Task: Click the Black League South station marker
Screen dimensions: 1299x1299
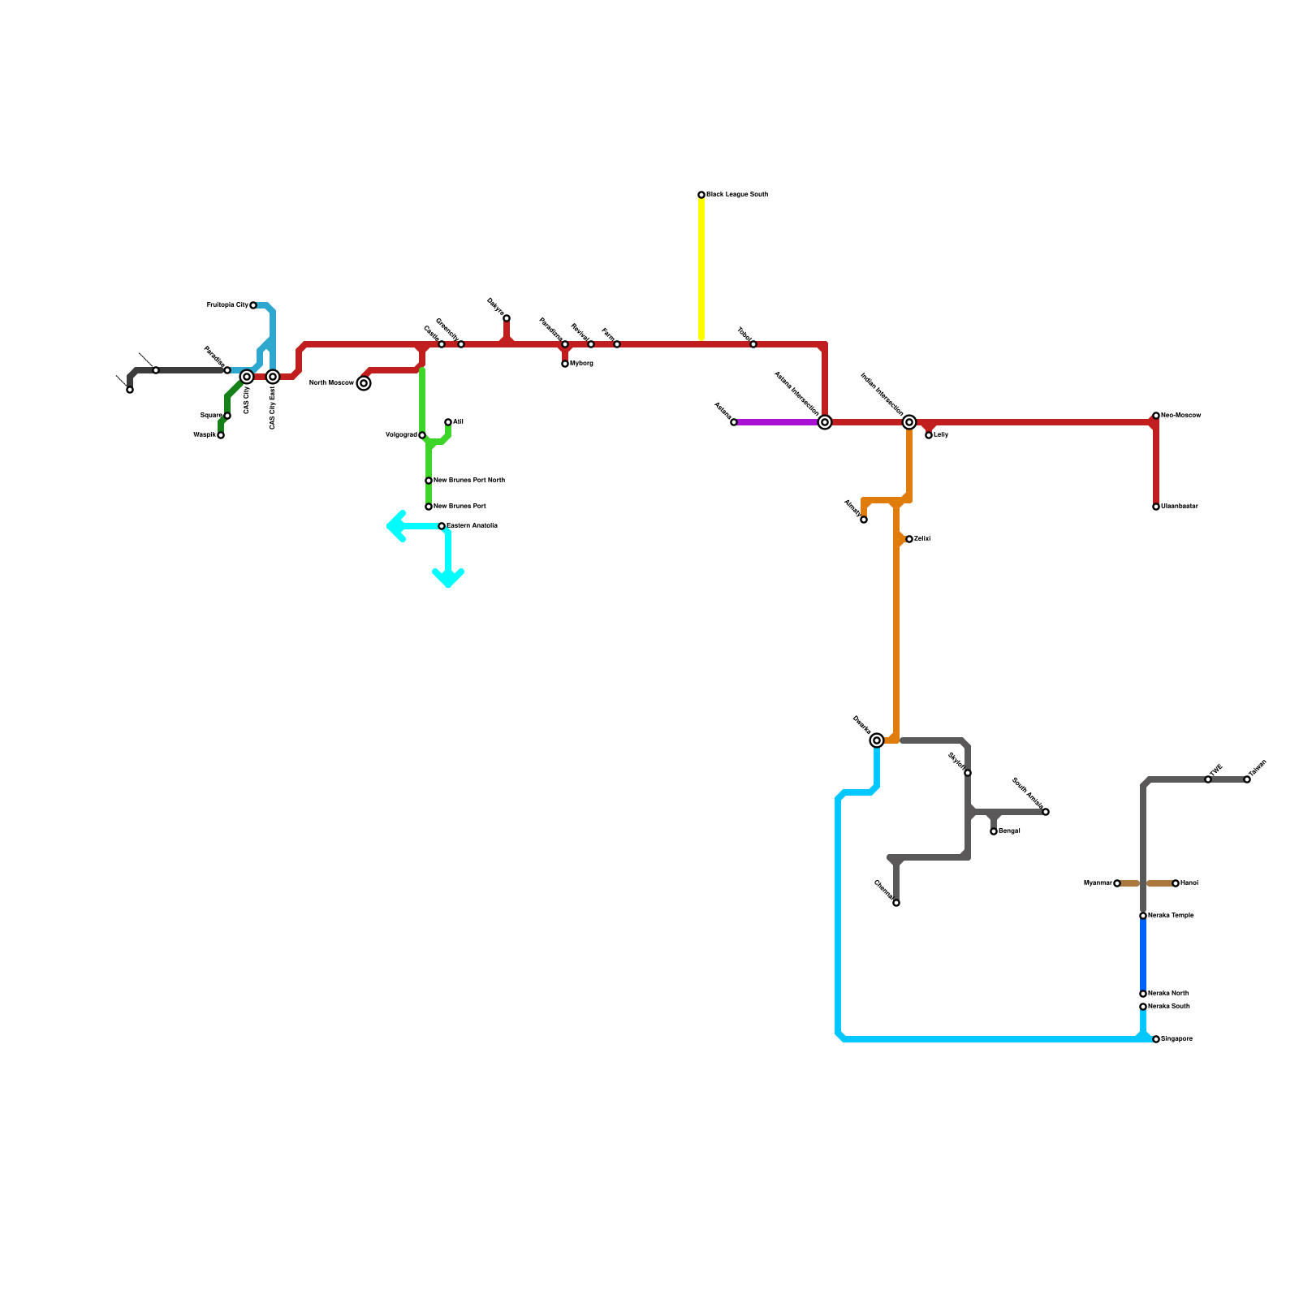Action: tap(701, 195)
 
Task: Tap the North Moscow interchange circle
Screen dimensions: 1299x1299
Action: tap(364, 383)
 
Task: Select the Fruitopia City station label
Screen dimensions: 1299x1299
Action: tap(227, 305)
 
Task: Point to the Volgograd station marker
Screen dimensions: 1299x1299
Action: tap(422, 435)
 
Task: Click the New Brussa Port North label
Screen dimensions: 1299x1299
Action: tap(469, 481)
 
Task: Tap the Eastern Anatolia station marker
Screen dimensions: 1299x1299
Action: tap(442, 526)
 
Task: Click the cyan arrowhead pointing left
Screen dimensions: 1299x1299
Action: tap(395, 526)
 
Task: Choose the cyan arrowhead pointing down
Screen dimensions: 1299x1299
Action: tap(448, 579)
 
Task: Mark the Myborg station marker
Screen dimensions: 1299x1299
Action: tap(565, 364)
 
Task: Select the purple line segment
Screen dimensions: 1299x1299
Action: tap(775, 422)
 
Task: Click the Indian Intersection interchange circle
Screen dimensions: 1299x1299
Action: tap(909, 422)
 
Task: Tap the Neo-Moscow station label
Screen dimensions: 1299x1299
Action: tap(1180, 416)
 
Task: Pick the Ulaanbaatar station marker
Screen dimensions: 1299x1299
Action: tap(1156, 507)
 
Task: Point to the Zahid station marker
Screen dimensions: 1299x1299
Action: tap(909, 539)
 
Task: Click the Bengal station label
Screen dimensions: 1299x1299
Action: tap(1009, 831)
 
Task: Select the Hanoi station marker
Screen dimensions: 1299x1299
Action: tap(1176, 883)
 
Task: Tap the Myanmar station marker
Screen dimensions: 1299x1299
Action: tap(1117, 883)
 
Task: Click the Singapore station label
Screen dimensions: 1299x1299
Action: tap(1176, 1039)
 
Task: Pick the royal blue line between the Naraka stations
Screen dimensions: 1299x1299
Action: tap(1143, 955)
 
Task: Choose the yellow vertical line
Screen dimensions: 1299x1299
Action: tap(701, 268)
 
